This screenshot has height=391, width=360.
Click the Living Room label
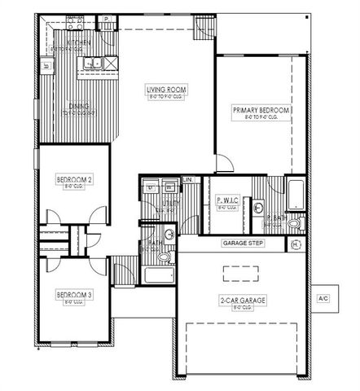(163, 90)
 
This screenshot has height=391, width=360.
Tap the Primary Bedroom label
(261, 110)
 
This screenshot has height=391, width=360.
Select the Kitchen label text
(79, 42)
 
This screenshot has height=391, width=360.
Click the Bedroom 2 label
(73, 178)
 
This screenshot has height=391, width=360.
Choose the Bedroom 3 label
(73, 294)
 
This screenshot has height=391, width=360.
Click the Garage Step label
(242, 244)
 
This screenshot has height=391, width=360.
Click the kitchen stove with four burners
(76, 20)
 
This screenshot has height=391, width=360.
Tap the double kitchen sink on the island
(92, 62)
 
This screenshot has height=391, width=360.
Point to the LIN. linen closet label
(187, 178)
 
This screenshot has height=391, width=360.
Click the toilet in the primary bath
(294, 222)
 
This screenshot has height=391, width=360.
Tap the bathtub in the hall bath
(159, 275)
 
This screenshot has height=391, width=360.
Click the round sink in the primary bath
(258, 209)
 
